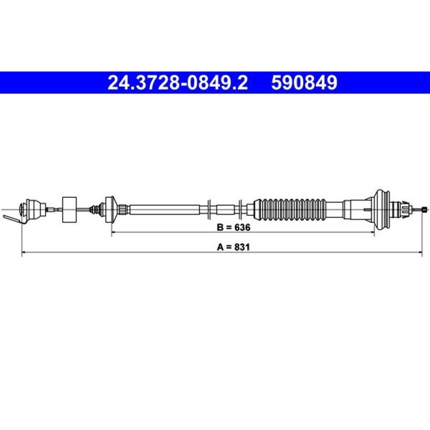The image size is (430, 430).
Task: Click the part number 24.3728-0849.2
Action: click(x=178, y=83)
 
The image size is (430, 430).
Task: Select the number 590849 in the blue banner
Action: click(x=304, y=83)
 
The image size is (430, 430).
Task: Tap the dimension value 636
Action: click(x=242, y=227)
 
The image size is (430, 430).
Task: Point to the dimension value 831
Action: click(x=242, y=247)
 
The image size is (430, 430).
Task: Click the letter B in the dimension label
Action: click(x=220, y=227)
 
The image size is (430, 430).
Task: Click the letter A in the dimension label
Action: click(x=220, y=247)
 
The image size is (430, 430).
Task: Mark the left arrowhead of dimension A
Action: click(x=24, y=252)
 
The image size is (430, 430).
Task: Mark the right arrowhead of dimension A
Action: click(x=420, y=252)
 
